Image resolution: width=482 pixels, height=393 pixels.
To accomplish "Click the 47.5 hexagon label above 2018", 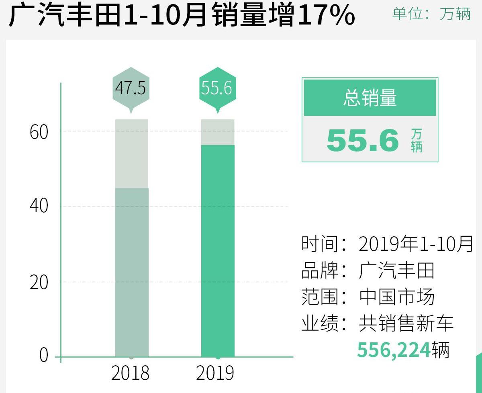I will pyautogui.click(x=131, y=88).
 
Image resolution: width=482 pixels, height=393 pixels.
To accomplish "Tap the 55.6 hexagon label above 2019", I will pyautogui.click(x=217, y=88).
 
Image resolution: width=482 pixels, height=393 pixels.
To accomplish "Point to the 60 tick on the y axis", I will pyautogui.click(x=39, y=132).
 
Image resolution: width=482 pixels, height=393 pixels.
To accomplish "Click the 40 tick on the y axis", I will pyautogui.click(x=39, y=206).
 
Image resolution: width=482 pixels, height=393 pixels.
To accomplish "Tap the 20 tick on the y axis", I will pyautogui.click(x=39, y=282).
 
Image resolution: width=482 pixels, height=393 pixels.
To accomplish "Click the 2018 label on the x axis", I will pyautogui.click(x=130, y=373).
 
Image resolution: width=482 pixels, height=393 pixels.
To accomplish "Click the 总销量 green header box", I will pyautogui.click(x=370, y=98).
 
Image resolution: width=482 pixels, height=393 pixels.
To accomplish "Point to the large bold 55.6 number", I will pyautogui.click(x=363, y=141).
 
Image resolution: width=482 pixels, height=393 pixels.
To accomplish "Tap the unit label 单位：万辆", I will pyautogui.click(x=431, y=14).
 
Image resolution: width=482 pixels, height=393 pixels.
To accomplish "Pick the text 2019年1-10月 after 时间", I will pyautogui.click(x=416, y=244).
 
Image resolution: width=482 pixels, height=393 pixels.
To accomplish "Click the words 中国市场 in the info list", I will pyautogui.click(x=397, y=297).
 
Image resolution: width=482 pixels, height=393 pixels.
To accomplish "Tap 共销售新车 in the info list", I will pyautogui.click(x=406, y=324).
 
